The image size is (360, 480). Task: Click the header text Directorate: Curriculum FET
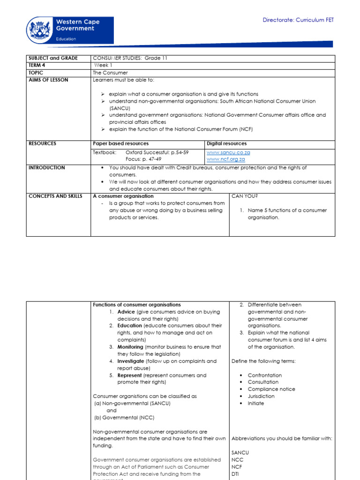(x=298, y=20)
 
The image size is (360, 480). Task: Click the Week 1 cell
(x=104, y=65)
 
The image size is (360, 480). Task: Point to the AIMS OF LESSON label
(x=48, y=80)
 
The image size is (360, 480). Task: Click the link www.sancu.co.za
(x=225, y=152)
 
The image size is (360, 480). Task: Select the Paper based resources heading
(x=121, y=143)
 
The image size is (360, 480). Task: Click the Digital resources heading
(x=226, y=143)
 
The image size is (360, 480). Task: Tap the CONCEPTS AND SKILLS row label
(x=55, y=196)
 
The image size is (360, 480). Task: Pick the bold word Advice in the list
(x=126, y=312)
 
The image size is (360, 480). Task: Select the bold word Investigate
(x=131, y=361)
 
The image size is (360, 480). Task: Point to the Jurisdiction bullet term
(x=261, y=396)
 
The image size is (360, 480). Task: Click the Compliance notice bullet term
(x=271, y=389)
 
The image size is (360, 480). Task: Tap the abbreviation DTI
(x=236, y=474)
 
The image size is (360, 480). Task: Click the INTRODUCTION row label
(x=47, y=167)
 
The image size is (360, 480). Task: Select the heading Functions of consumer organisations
(x=137, y=305)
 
